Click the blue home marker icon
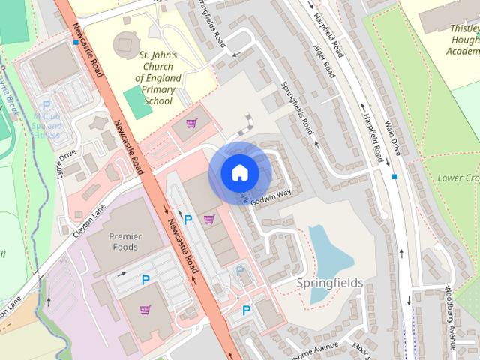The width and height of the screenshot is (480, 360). [238, 172]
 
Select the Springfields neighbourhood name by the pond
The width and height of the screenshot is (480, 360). [329, 283]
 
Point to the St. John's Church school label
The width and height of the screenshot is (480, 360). [155, 78]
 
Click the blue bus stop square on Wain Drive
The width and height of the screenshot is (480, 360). [394, 177]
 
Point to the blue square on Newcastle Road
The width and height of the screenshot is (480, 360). [76, 43]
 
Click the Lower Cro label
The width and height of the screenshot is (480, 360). [458, 178]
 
